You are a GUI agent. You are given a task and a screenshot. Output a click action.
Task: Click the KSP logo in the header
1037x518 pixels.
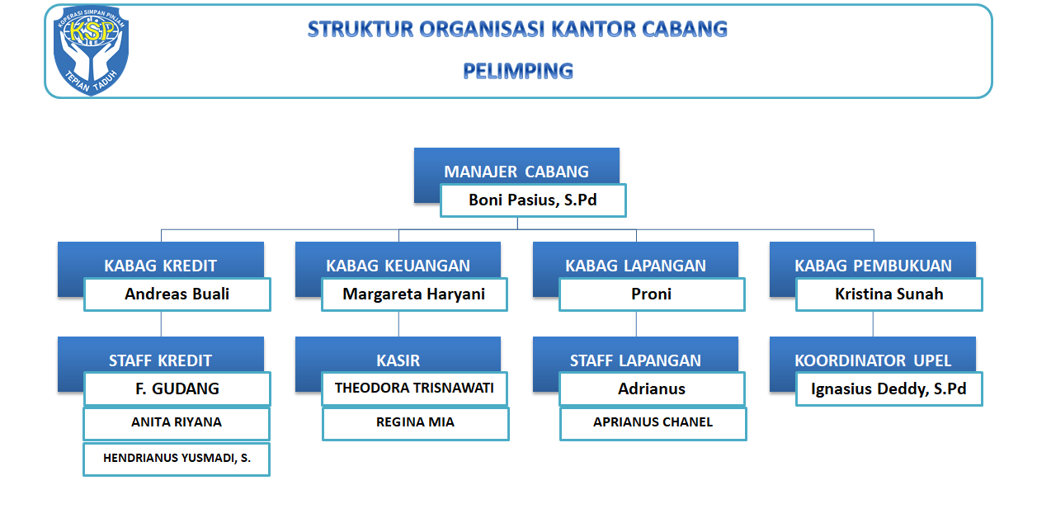tap(92, 51)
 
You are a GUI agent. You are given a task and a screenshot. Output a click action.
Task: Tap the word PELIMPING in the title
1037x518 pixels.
tap(518, 71)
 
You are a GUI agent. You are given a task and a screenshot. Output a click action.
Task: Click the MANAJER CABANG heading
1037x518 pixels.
tap(516, 172)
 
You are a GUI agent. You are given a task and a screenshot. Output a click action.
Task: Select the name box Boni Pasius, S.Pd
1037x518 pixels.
tap(533, 200)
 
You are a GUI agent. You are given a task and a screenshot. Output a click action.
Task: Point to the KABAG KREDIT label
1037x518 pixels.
tap(160, 266)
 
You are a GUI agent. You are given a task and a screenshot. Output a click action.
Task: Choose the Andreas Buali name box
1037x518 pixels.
tap(177, 294)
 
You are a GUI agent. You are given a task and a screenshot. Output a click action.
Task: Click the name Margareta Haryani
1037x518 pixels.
tap(414, 294)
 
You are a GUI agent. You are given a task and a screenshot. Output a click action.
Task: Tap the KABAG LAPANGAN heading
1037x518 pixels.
tap(635, 266)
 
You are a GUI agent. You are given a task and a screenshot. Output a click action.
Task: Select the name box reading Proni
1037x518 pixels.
tap(652, 294)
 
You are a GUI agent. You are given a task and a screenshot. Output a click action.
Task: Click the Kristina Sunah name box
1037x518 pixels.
tap(889, 294)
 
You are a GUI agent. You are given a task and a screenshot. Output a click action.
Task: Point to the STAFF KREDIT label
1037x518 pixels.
tap(160, 360)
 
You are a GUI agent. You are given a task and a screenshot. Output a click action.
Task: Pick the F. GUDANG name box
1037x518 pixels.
tap(177, 388)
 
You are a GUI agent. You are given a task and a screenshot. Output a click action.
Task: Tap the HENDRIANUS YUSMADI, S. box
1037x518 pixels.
tap(177, 459)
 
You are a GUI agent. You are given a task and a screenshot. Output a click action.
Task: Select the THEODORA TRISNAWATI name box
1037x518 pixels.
tap(414, 388)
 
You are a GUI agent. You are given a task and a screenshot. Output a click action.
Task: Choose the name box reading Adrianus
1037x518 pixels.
tap(652, 388)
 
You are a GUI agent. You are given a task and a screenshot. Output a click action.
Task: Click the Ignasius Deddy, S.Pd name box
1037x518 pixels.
tap(889, 388)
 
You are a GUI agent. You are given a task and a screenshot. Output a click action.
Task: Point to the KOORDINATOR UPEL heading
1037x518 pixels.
tap(873, 360)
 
